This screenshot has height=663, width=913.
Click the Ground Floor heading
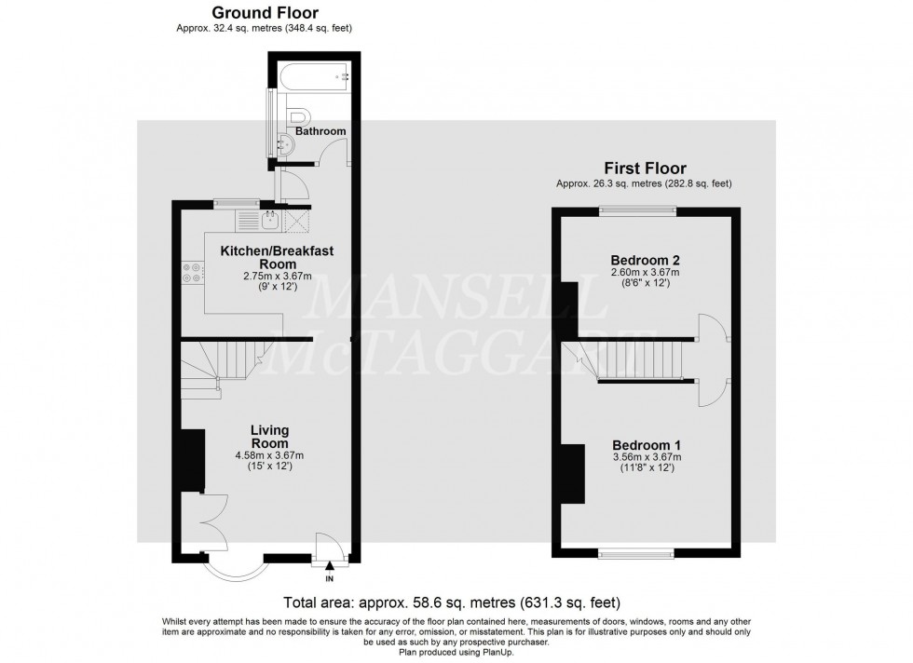pyautogui.click(x=265, y=13)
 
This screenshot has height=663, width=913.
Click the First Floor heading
pyautogui.click(x=645, y=169)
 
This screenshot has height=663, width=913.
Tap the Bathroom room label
pyautogui.click(x=320, y=131)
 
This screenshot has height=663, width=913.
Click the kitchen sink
pyautogui.click(x=269, y=220)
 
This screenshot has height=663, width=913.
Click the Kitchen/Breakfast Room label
pyautogui.click(x=276, y=257)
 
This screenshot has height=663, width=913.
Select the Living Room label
pyautogui.click(x=269, y=436)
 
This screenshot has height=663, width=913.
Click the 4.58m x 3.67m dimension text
pyautogui.click(x=269, y=455)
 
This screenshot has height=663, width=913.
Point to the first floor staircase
pyautogui.click(x=634, y=359)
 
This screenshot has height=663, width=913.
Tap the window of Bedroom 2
pyautogui.click(x=638, y=210)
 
